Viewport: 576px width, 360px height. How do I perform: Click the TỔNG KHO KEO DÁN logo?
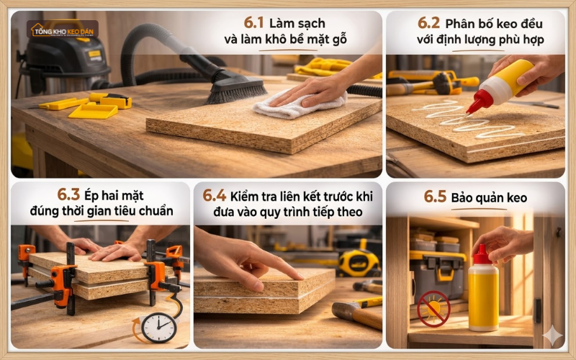click(x=63, y=30)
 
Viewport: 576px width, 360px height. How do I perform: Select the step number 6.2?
click(x=429, y=22)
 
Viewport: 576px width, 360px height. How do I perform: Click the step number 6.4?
click(x=214, y=194)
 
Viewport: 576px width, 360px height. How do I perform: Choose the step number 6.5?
click(x=436, y=197)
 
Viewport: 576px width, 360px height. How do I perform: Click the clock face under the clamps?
click(x=158, y=328)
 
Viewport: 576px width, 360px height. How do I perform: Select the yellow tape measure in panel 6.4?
click(x=358, y=264)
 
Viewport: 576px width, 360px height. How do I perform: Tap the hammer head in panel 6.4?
click(x=344, y=311)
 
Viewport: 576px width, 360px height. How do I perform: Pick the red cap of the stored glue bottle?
click(x=482, y=254)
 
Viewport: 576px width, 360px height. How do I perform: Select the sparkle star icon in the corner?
click(x=553, y=336)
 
